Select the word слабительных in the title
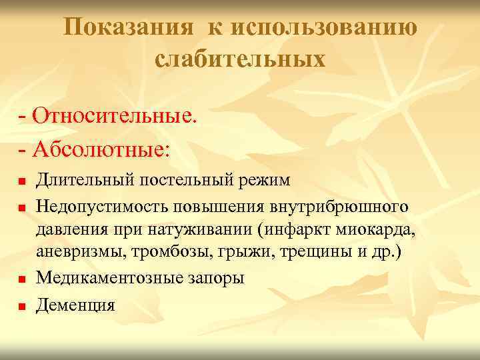coord(240,59)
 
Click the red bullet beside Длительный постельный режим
coord(21,181)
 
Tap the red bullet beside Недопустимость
coord(21,209)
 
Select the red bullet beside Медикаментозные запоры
coord(21,279)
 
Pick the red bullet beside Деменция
coord(21,307)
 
